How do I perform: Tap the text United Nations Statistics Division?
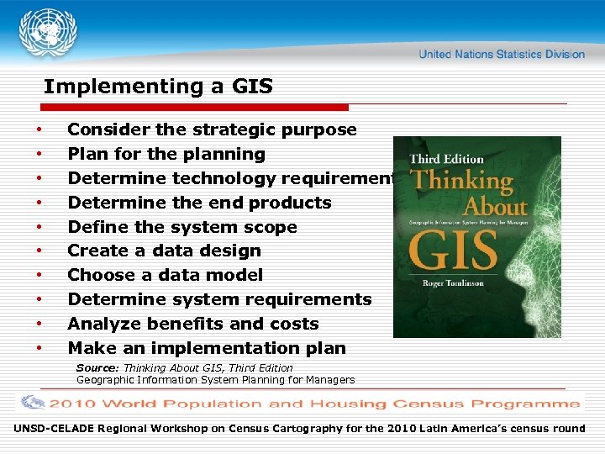point(502,55)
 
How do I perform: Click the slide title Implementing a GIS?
point(158,86)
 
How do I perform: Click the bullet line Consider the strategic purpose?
point(212,130)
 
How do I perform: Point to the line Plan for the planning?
point(166,155)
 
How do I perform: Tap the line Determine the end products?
point(199,203)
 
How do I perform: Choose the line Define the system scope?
point(182,227)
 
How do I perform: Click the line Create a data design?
point(164,251)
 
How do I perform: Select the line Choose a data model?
point(165,275)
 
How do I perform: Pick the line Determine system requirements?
point(219,299)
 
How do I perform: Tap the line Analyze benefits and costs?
point(193,324)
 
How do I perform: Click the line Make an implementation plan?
point(207,348)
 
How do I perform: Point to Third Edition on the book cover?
point(446,159)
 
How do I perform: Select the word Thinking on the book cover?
point(461,181)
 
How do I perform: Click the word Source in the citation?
point(98,368)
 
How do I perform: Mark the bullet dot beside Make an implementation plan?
point(39,348)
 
